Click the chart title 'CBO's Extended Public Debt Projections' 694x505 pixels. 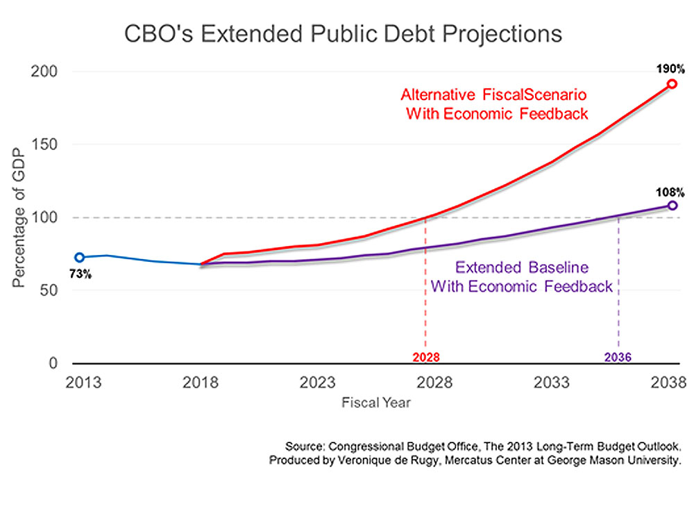(343, 34)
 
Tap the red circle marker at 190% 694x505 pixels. (672, 84)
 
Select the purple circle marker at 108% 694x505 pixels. (672, 206)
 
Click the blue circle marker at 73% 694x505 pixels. (80, 257)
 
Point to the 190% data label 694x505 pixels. (671, 69)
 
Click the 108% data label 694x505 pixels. (671, 191)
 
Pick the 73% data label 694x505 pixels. (80, 274)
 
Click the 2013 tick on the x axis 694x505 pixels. (83, 383)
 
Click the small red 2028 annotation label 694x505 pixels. (425, 357)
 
